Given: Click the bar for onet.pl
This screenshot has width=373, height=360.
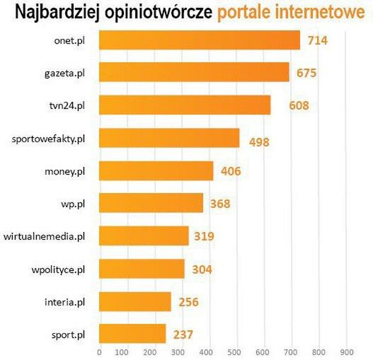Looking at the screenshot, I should (199, 40).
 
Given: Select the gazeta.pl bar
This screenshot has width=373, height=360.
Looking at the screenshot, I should (193, 72).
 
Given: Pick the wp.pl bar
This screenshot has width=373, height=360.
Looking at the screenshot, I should (151, 204).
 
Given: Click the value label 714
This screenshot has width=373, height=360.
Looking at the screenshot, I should (317, 40).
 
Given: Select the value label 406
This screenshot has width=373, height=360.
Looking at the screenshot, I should (232, 171).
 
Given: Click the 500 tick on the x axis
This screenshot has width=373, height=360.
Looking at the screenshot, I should (236, 352).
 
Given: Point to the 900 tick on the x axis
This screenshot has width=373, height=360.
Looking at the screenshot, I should (346, 352).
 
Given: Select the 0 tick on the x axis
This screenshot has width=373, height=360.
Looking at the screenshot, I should (99, 352).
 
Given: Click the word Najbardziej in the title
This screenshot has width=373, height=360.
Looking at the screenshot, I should (56, 12).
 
